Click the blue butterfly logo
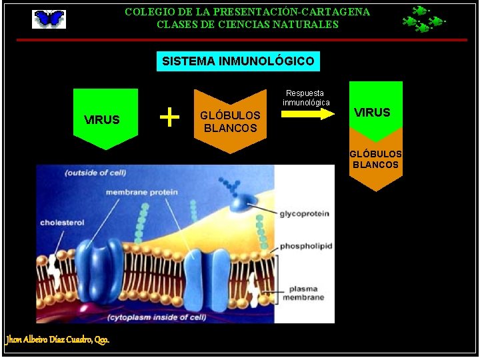[x=49, y=19]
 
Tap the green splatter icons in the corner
[x=423, y=19]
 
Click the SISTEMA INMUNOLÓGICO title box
[x=238, y=61]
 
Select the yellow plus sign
[x=170, y=117]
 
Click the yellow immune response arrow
[x=307, y=113]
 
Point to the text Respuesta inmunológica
[x=305, y=98]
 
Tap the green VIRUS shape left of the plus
[x=105, y=119]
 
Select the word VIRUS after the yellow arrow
[x=373, y=112]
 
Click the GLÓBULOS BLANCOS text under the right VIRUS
[x=376, y=159]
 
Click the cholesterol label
[x=62, y=223]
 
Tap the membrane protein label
[x=141, y=193]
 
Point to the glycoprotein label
[x=304, y=214]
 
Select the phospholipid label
[x=305, y=246]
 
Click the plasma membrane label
[x=306, y=293]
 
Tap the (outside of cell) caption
[x=95, y=173]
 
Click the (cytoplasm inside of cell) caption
[x=157, y=317]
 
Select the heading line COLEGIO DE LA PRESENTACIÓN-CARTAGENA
[x=247, y=12]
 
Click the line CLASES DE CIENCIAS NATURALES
[x=247, y=25]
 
